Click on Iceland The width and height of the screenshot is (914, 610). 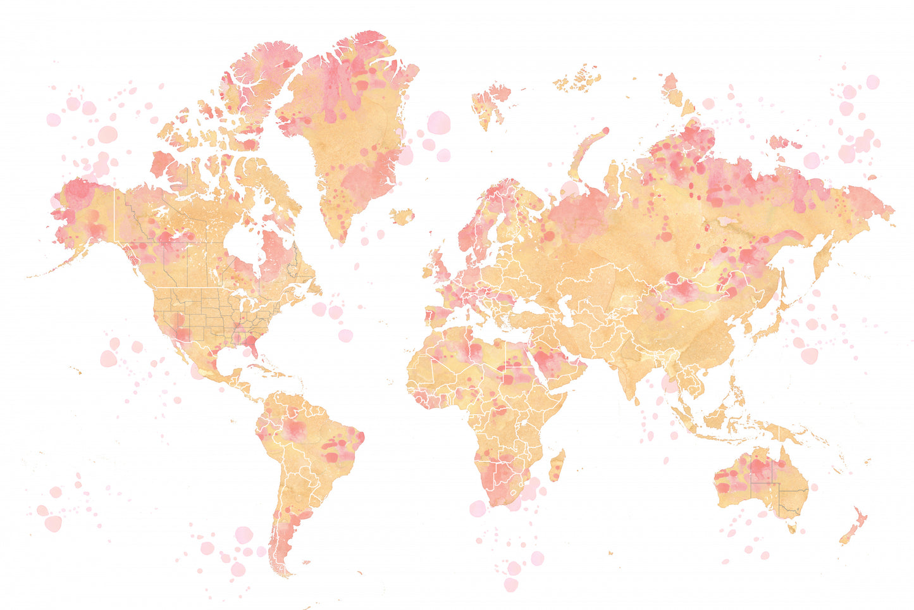tap(402, 216)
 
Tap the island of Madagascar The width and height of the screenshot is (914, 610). tap(557, 465)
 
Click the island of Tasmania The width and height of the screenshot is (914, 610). tap(791, 526)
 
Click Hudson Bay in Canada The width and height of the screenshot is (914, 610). tap(244, 244)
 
